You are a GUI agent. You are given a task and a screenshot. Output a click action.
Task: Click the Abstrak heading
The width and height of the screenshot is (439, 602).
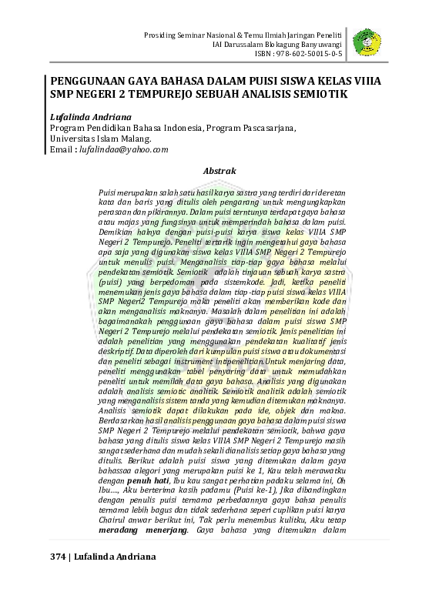click(x=219, y=170)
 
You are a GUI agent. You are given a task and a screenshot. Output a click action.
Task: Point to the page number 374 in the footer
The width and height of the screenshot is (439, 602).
click(x=59, y=556)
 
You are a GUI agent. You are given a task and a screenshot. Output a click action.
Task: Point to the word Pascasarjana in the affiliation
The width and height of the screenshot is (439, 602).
click(x=266, y=127)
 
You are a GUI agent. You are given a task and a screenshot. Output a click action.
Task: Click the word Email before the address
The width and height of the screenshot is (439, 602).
click(x=62, y=149)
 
